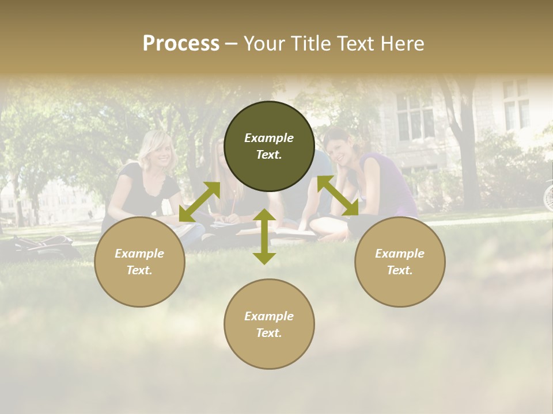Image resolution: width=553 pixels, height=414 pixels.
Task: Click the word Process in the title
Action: pos(181,44)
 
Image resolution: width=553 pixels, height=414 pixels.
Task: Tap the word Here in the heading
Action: pos(402,44)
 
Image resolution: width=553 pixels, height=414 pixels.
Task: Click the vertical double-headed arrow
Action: pos(264,236)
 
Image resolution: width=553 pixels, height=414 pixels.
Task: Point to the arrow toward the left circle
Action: pos(199,202)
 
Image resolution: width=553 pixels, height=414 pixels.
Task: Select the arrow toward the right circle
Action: pos(338,196)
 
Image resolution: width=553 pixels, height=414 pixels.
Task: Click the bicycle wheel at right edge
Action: pos(548,195)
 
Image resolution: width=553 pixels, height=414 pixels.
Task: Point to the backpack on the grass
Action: pos(43,245)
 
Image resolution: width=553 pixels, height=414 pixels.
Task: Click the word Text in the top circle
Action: pos(268,155)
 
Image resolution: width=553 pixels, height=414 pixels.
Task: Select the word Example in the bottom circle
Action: pos(269,316)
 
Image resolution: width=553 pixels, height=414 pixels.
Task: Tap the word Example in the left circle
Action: pos(139,253)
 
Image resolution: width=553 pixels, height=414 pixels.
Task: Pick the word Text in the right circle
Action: pos(399,270)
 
